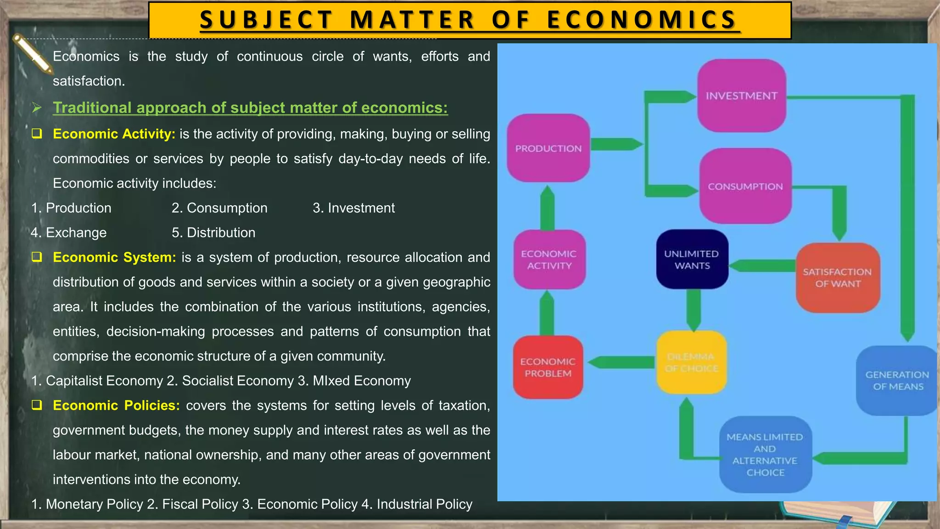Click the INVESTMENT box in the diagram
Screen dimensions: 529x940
(x=742, y=96)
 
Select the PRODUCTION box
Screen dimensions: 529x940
(x=548, y=148)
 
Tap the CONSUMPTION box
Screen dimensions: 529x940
(x=745, y=186)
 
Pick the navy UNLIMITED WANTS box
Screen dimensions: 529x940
(x=692, y=259)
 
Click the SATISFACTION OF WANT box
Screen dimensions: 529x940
(x=837, y=278)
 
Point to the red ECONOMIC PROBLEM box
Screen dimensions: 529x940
(x=548, y=367)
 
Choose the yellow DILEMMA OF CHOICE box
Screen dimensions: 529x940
(x=691, y=362)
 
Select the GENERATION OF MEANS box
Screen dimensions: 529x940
(x=897, y=380)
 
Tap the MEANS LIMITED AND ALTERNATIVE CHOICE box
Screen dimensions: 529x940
(x=765, y=454)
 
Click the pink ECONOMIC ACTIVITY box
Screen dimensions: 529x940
(x=549, y=259)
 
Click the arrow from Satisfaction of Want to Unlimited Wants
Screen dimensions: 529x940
(x=762, y=265)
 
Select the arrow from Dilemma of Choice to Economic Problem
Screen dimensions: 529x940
(x=621, y=362)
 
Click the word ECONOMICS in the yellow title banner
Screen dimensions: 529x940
(x=642, y=20)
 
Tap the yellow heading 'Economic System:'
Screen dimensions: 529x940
(x=114, y=257)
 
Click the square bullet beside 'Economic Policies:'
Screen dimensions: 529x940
(x=37, y=405)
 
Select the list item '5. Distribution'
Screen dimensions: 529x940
(x=213, y=232)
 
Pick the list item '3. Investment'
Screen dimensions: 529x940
(x=353, y=208)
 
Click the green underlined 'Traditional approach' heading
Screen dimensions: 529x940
(x=250, y=107)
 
